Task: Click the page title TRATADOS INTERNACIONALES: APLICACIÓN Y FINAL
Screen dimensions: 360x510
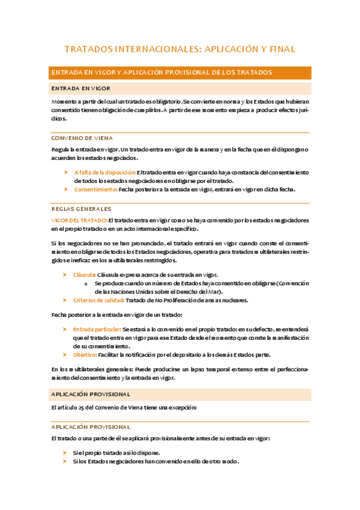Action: [x=180, y=49]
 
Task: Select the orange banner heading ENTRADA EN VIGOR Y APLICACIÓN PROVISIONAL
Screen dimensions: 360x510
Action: [x=162, y=72]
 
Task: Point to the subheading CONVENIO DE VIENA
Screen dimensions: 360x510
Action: [x=82, y=138]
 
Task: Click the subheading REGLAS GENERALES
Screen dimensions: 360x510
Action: [x=81, y=209]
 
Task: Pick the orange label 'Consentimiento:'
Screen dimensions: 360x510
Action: [x=96, y=189]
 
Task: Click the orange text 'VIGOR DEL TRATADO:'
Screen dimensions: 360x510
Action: [x=79, y=220]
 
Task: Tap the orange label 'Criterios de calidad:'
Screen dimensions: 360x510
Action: [x=99, y=300]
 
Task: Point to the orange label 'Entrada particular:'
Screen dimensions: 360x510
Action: [x=96, y=330]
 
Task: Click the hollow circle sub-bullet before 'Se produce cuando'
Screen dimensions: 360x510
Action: [x=88, y=283]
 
